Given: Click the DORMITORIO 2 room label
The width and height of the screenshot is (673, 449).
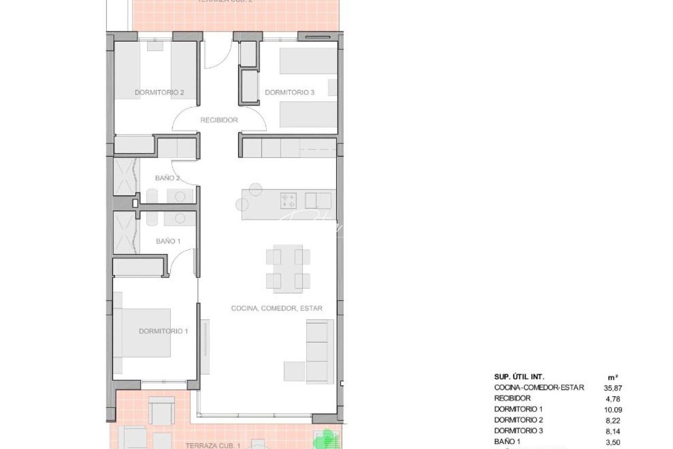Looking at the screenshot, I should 159,92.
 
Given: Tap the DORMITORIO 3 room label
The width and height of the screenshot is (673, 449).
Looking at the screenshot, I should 290,92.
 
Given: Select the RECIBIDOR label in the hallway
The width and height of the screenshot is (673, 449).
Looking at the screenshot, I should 219,120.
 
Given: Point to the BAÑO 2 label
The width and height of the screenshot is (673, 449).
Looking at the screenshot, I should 167,178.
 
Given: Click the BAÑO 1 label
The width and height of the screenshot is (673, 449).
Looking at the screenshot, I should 168,241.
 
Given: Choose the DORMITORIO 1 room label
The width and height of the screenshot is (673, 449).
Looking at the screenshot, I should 163,331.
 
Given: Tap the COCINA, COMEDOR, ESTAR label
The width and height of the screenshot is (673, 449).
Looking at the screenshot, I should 277,308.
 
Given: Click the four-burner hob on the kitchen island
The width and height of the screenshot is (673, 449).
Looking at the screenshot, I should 288,200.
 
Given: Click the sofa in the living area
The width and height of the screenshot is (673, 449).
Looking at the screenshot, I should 320,350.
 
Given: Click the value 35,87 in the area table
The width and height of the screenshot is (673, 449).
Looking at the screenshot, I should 613,388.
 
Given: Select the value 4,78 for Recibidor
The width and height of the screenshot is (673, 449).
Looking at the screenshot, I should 613,399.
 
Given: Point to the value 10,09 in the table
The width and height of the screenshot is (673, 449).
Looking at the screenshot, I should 613,410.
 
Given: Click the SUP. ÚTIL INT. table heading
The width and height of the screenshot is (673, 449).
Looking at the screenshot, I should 519,377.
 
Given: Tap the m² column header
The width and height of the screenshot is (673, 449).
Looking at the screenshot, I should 612,377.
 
